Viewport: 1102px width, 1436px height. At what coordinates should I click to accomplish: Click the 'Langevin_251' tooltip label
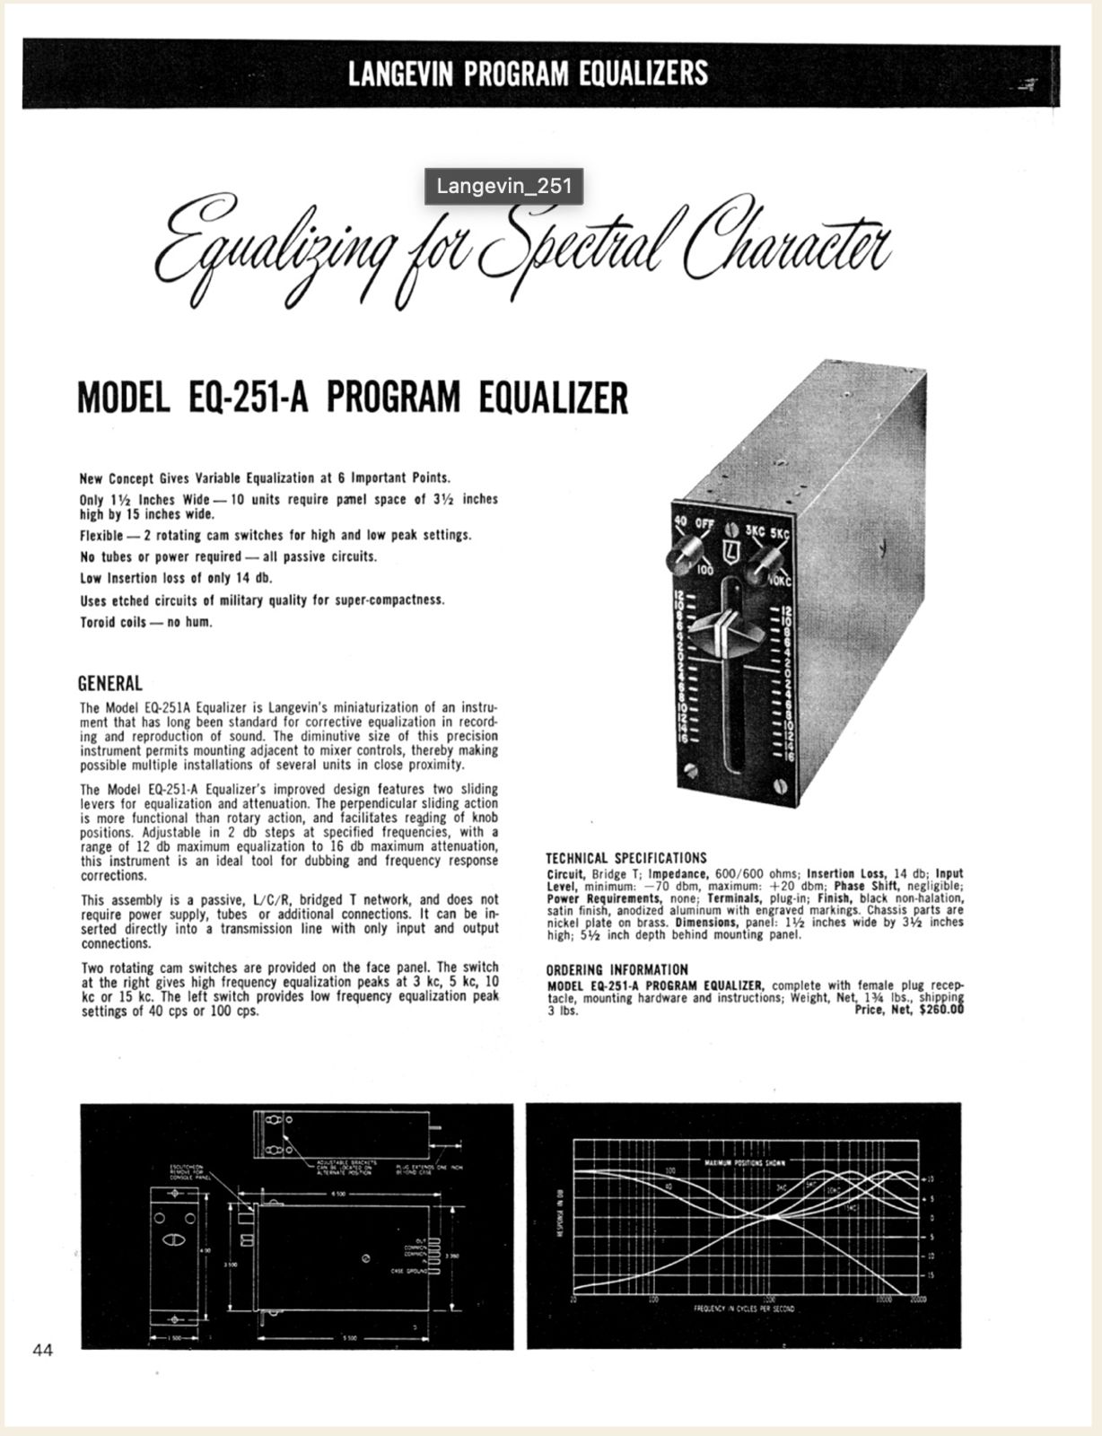click(503, 186)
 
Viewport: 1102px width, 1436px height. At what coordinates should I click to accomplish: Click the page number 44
click(42, 1349)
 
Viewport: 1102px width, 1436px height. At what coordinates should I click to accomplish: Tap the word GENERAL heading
click(110, 683)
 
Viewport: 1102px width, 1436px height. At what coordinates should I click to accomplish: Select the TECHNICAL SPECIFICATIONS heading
click(626, 858)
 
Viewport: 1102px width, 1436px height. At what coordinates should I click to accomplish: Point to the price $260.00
click(936, 1010)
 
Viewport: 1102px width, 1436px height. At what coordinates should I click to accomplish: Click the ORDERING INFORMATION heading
click(617, 969)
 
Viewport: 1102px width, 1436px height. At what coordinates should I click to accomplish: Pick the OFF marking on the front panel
click(703, 526)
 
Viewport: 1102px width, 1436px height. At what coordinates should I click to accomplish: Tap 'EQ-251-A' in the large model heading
click(249, 397)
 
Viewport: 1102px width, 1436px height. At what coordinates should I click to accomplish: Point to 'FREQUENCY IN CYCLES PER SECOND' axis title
click(744, 1309)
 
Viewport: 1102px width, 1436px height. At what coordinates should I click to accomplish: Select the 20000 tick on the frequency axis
click(917, 1298)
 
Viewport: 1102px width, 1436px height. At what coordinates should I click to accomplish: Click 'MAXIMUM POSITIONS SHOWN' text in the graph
click(744, 1163)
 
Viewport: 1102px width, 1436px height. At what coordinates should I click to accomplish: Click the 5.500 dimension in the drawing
click(350, 1338)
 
